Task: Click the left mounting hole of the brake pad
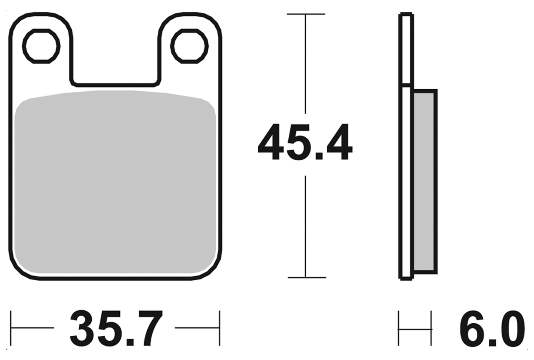[x=41, y=46]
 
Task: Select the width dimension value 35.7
[x=116, y=330]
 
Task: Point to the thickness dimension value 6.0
[x=491, y=330]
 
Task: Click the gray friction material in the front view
[x=115, y=184]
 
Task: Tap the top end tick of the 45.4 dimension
[x=306, y=14]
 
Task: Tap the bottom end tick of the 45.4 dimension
[x=306, y=277]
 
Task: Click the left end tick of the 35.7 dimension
[x=11, y=328]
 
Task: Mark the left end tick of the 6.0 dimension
[x=399, y=328]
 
